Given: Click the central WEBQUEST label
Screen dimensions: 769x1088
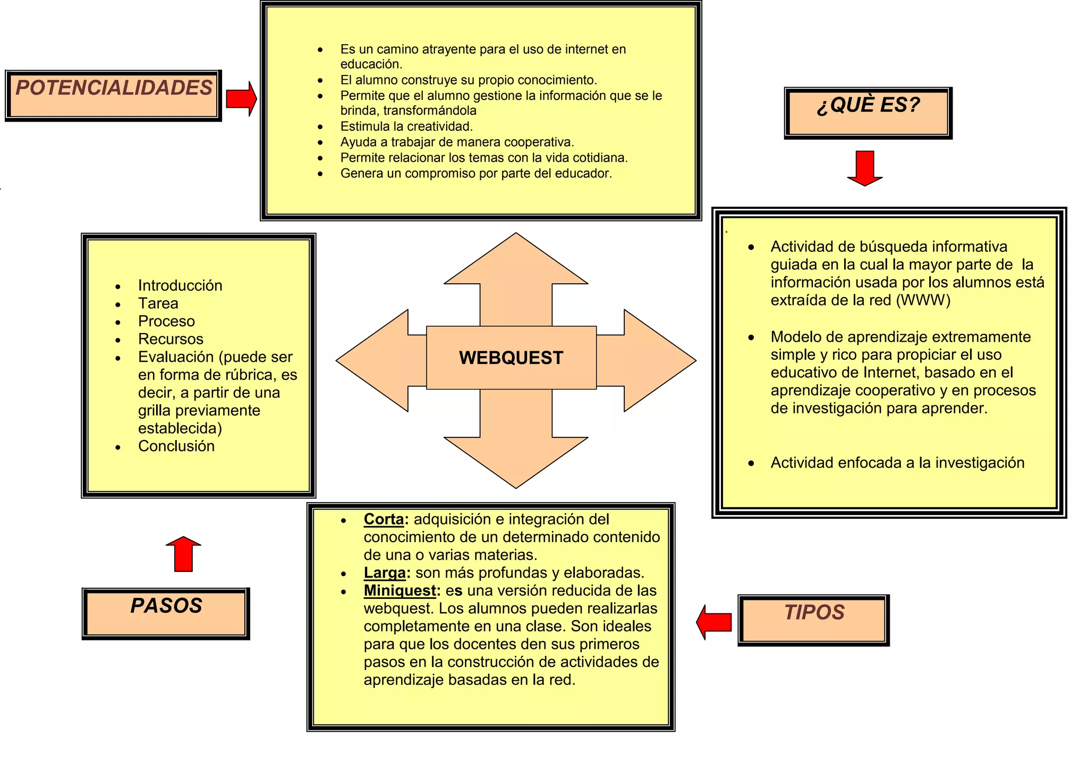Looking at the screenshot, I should click(x=511, y=358).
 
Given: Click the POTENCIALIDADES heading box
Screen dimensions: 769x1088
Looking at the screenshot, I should click(x=113, y=95).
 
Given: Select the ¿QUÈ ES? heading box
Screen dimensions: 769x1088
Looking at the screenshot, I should click(x=868, y=113).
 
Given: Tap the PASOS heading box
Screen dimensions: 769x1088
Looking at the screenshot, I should click(x=166, y=613).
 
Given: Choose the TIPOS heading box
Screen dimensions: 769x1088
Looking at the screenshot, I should click(x=813, y=620).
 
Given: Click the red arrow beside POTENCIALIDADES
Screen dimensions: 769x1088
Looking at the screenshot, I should click(x=241, y=98).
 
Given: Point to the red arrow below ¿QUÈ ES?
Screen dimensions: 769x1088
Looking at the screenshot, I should click(x=865, y=168).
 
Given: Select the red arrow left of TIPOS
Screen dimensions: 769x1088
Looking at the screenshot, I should click(x=714, y=622).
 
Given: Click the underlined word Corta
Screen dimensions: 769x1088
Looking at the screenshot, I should click(x=384, y=519).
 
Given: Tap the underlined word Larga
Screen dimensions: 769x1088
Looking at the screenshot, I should click(x=385, y=573).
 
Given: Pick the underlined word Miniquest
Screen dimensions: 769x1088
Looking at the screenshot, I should click(x=399, y=591).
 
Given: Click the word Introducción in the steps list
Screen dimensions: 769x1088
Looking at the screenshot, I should click(x=180, y=285).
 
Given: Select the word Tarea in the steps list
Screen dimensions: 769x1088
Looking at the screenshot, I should click(x=158, y=303).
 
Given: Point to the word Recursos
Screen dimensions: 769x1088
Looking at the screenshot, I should click(x=171, y=339).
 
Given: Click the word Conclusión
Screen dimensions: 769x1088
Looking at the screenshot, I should click(x=176, y=446).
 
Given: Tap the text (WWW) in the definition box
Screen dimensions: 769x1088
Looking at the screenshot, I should click(x=923, y=300).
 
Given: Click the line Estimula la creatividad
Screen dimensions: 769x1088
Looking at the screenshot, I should click(x=406, y=126).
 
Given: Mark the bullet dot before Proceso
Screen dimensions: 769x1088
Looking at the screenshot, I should click(x=118, y=322).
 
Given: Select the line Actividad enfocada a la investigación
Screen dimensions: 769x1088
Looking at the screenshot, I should click(x=897, y=463).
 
